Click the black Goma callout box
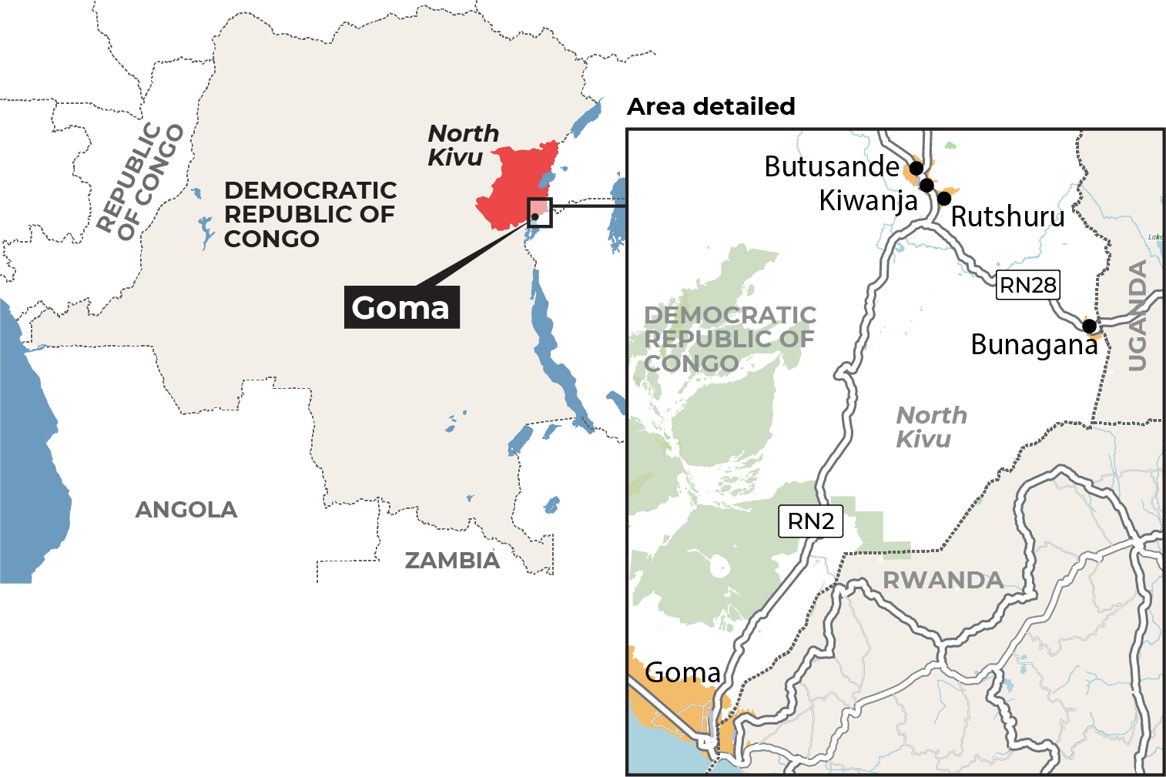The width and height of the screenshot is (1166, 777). click(x=401, y=307)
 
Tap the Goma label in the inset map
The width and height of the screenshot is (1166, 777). click(x=682, y=672)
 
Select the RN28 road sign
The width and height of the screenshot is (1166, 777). click(x=1027, y=285)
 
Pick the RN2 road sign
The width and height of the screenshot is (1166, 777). click(x=811, y=521)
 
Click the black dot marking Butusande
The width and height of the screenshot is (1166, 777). click(x=916, y=167)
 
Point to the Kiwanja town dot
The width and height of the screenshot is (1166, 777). click(x=927, y=185)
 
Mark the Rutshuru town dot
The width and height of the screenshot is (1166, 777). click(x=944, y=199)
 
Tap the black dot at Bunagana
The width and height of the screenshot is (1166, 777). click(x=1089, y=326)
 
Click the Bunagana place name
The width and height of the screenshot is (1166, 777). click(x=1034, y=345)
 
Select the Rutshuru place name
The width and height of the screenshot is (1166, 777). click(x=1007, y=217)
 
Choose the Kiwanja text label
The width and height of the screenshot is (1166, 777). click(x=868, y=201)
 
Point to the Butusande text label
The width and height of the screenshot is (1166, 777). click(x=832, y=166)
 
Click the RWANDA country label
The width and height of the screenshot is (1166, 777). click(x=943, y=580)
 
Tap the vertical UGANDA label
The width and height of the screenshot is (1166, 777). click(x=1137, y=316)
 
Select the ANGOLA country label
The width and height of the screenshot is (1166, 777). click(x=186, y=510)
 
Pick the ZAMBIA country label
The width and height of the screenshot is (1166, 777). click(x=452, y=561)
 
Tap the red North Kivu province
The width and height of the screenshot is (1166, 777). click(x=516, y=185)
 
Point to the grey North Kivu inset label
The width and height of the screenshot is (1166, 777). click(x=931, y=427)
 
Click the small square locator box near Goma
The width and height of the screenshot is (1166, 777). click(x=539, y=212)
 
